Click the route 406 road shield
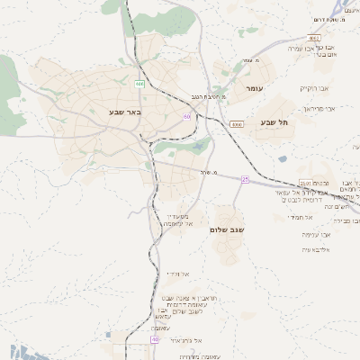click(x=139, y=84)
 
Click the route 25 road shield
click(x=244, y=179)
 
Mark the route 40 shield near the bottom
click(x=155, y=340)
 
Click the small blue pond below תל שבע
click(x=283, y=159)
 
